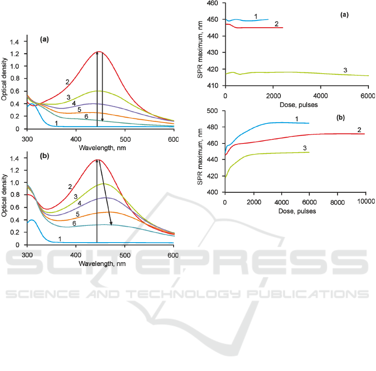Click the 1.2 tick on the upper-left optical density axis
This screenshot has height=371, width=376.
[x=15, y=54]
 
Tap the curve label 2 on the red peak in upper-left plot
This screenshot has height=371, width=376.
[x=67, y=82]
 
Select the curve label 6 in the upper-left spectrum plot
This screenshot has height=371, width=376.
[x=86, y=116]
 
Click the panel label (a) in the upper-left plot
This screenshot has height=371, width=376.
[x=45, y=40]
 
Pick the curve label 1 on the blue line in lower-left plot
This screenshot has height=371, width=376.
[x=60, y=238]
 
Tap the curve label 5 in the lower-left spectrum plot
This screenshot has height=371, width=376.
[x=78, y=214]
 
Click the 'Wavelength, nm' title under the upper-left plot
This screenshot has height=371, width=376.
[x=100, y=148]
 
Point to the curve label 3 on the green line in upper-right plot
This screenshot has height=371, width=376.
[x=345, y=70]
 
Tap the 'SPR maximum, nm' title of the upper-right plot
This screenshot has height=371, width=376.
[x=201, y=45]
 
